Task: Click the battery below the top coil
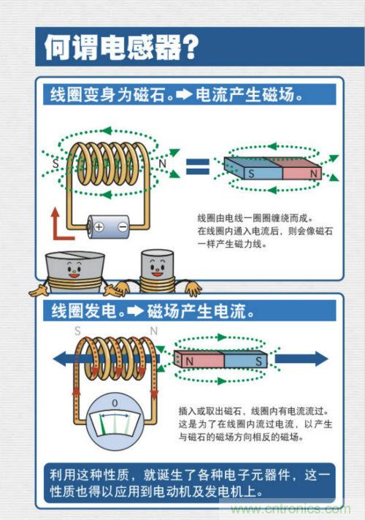click(x=108, y=226)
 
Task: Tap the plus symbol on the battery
click(x=99, y=226)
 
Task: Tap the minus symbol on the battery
click(x=122, y=226)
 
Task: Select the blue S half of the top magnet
click(x=252, y=173)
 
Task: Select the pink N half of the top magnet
click(x=301, y=173)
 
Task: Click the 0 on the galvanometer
click(x=113, y=403)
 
